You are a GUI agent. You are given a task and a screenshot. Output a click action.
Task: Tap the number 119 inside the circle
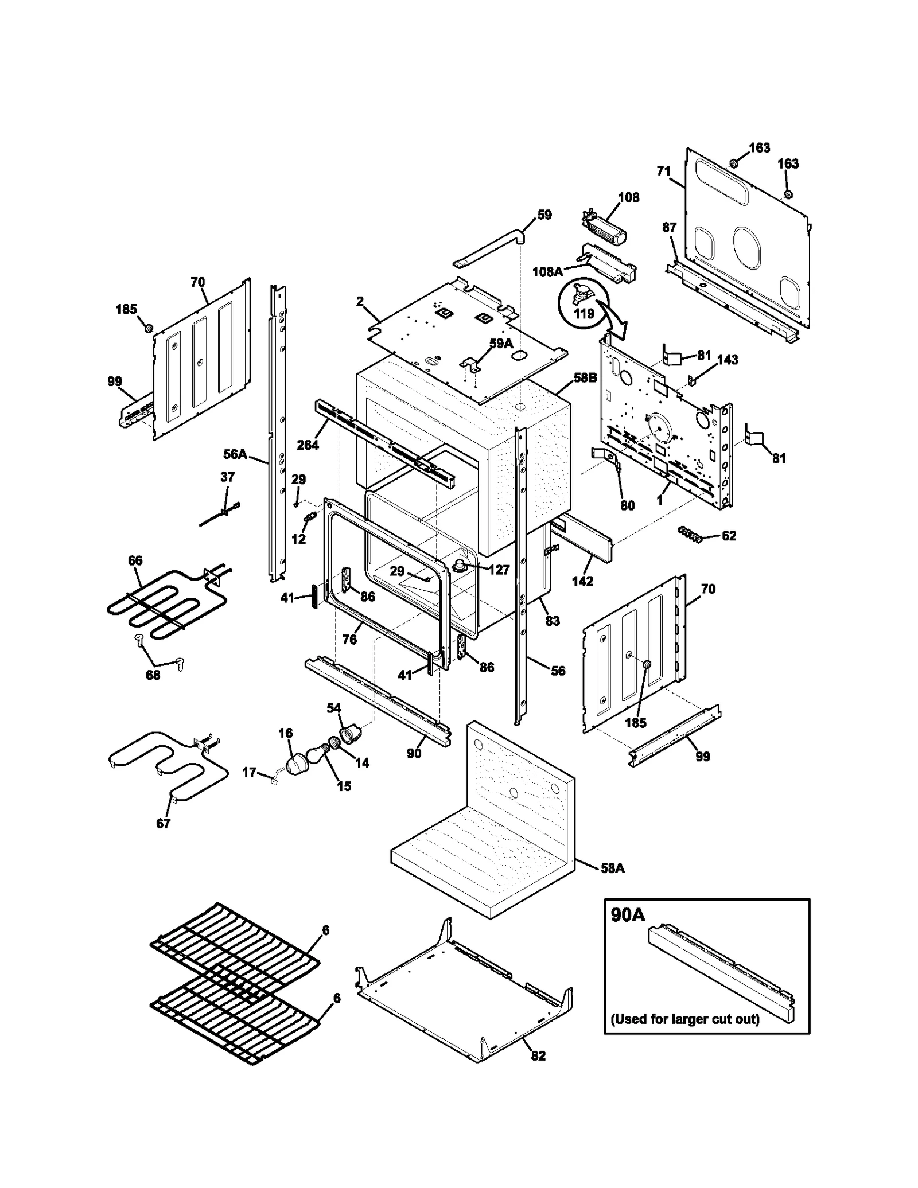pyautogui.click(x=584, y=314)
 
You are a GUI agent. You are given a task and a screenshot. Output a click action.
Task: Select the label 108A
pyautogui.click(x=547, y=272)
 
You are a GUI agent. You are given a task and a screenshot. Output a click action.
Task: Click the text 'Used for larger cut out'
pyautogui.click(x=684, y=1019)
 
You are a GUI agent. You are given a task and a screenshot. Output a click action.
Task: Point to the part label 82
pyautogui.click(x=538, y=1055)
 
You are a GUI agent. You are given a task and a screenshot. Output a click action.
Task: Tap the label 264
pyautogui.click(x=308, y=445)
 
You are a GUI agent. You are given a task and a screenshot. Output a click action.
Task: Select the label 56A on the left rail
pyautogui.click(x=235, y=454)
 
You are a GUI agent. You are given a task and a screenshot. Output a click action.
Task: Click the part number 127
pyautogui.click(x=499, y=570)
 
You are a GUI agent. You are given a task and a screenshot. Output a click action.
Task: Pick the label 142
pyautogui.click(x=582, y=581)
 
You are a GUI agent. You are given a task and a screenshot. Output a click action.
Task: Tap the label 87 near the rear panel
pyautogui.click(x=669, y=228)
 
